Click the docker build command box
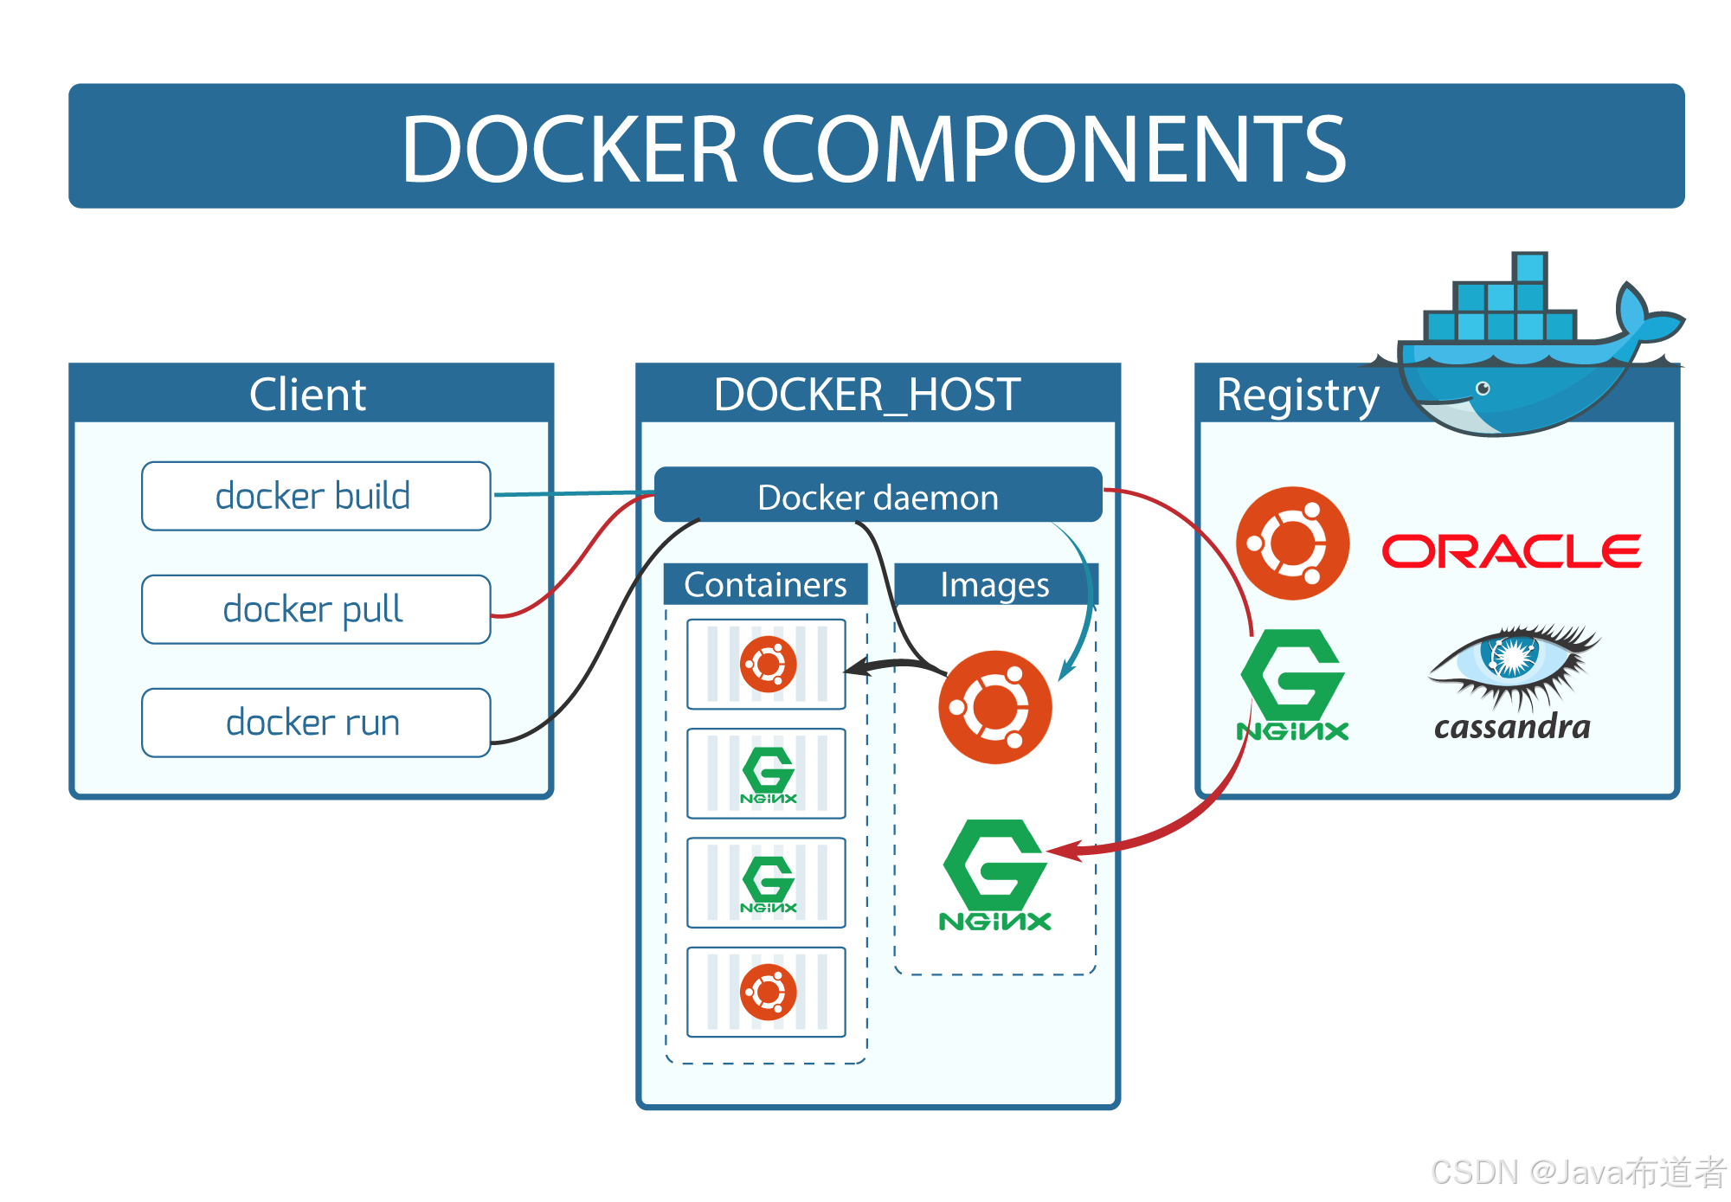coord(316,496)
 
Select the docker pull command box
coord(316,609)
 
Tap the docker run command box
coord(316,723)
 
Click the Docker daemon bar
coord(878,496)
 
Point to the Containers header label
coord(765,585)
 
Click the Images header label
coord(994,585)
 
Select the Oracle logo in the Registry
coord(1511,551)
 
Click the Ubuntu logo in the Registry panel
coord(1292,543)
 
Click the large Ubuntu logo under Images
coord(994,707)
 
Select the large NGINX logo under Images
coord(994,874)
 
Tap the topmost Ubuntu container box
coord(766,665)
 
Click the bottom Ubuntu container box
coord(766,992)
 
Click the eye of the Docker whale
coord(1483,388)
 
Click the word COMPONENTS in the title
coord(1052,149)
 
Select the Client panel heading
coord(308,395)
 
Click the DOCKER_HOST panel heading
coord(867,395)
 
